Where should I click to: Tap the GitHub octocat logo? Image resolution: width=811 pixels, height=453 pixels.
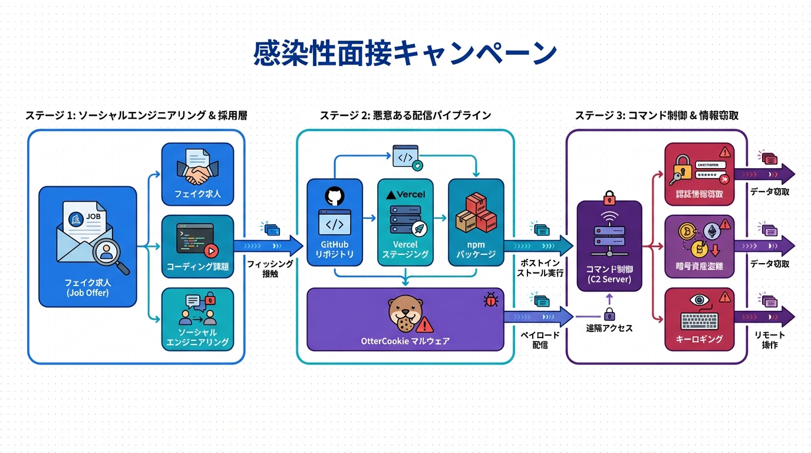coord(334,196)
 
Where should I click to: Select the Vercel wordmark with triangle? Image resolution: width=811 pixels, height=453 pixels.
coord(405,194)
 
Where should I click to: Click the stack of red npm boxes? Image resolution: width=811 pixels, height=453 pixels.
coord(476,214)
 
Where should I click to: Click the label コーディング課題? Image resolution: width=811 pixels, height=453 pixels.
coord(197,267)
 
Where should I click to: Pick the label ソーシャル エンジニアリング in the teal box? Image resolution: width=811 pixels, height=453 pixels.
coord(197,337)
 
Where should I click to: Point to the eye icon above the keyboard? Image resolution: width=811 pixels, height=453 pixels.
coord(700,300)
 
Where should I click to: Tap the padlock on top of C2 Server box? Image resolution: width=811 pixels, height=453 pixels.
coord(609,195)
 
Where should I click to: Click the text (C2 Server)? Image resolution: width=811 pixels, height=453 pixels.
coord(609,279)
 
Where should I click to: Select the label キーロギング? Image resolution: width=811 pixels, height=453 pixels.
coord(700,339)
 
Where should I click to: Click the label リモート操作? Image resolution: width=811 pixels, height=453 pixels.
coord(770,340)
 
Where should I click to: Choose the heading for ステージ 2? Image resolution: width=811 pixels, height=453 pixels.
coord(405,116)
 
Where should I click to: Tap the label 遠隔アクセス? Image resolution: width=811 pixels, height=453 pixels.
coord(609,328)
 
